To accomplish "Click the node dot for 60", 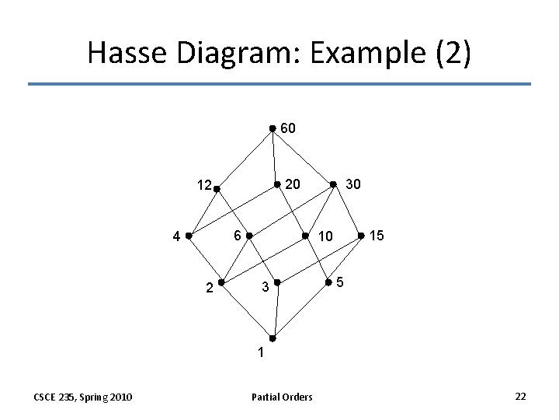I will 272,129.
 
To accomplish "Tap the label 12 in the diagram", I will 204,186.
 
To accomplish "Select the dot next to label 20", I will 277,184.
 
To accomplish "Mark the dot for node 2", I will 221,282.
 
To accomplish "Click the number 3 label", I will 265,289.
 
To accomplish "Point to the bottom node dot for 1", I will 272,338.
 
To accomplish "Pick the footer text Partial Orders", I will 282,397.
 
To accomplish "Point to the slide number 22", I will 520,397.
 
